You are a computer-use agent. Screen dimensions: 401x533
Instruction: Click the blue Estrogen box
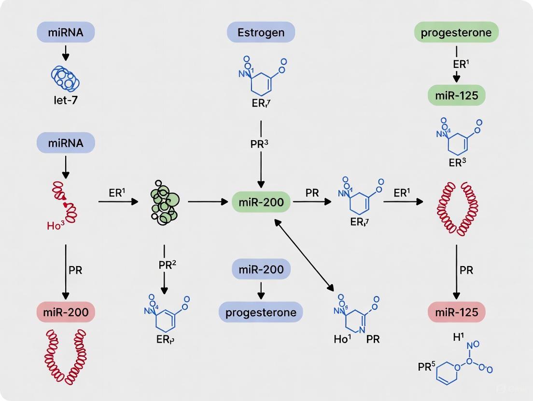click(261, 33)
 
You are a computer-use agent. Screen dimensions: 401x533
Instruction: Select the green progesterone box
click(456, 33)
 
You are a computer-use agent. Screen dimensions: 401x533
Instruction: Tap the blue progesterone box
click(261, 312)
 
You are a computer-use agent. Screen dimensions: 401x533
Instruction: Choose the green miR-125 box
click(456, 95)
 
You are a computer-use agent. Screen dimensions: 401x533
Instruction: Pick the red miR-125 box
click(456, 312)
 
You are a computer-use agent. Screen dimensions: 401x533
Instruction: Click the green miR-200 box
click(261, 201)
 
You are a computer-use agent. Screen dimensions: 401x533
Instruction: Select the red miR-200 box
click(66, 312)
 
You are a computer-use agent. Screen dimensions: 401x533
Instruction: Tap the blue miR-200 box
click(261, 268)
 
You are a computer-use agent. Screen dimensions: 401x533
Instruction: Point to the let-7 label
click(66, 102)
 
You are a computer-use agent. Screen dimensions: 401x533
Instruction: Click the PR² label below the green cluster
click(164, 266)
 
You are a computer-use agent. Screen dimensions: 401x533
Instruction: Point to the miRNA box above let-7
click(66, 33)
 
